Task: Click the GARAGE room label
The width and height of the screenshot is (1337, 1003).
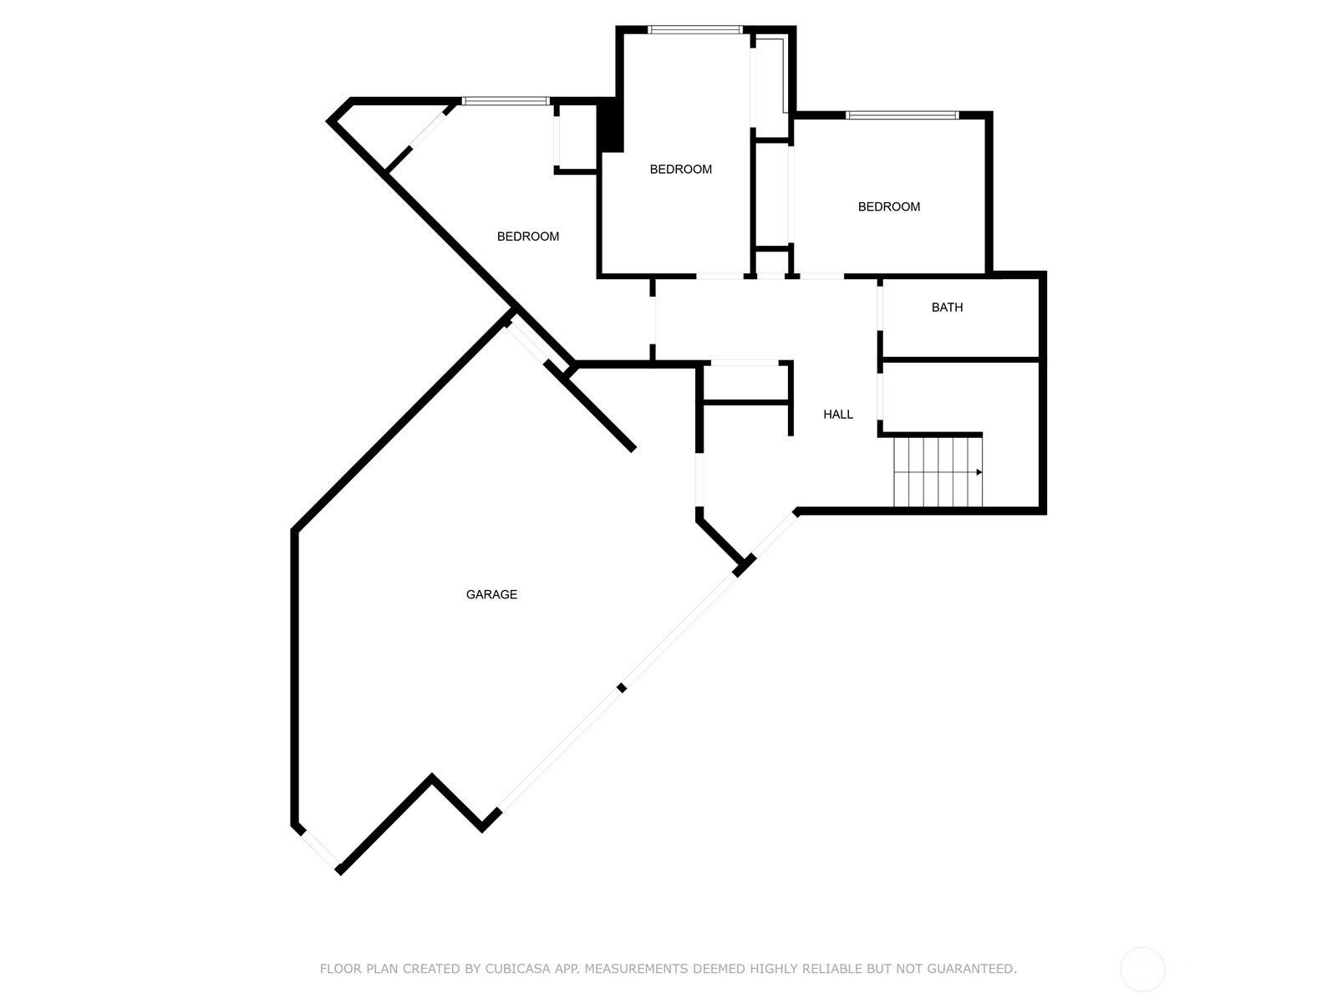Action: click(491, 595)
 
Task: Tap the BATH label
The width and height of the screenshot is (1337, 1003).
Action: click(947, 308)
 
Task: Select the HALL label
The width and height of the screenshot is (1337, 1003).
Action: click(838, 415)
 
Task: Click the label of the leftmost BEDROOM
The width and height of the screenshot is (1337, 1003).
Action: click(528, 237)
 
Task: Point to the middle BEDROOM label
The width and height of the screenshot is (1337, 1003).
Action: click(681, 170)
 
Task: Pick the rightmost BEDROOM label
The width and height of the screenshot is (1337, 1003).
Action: click(889, 207)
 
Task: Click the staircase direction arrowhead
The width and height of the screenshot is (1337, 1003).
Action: click(979, 472)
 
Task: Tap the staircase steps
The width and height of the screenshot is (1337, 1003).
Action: click(936, 472)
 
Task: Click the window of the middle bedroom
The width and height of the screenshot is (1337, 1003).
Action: click(694, 30)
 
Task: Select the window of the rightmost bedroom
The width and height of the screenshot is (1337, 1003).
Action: click(901, 115)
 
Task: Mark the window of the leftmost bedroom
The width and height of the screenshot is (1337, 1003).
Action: click(506, 101)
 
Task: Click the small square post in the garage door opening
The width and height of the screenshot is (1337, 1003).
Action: click(621, 688)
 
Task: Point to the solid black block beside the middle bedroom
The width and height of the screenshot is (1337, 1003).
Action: click(613, 125)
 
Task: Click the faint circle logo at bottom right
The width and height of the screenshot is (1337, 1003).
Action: click(1142, 970)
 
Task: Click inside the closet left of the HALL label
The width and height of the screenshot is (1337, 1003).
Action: click(746, 384)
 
